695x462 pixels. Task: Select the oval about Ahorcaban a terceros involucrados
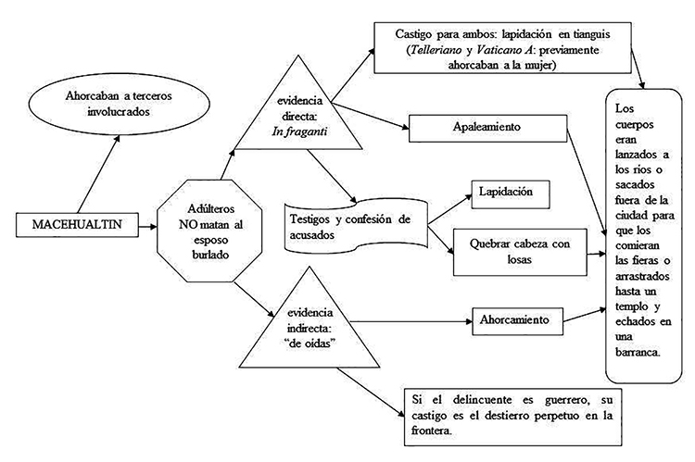(x=108, y=106)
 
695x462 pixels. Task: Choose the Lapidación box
(x=510, y=193)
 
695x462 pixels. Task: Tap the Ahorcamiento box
(x=516, y=319)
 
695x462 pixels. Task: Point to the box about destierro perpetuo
(x=508, y=414)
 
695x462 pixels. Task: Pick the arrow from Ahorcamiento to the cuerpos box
(x=584, y=315)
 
